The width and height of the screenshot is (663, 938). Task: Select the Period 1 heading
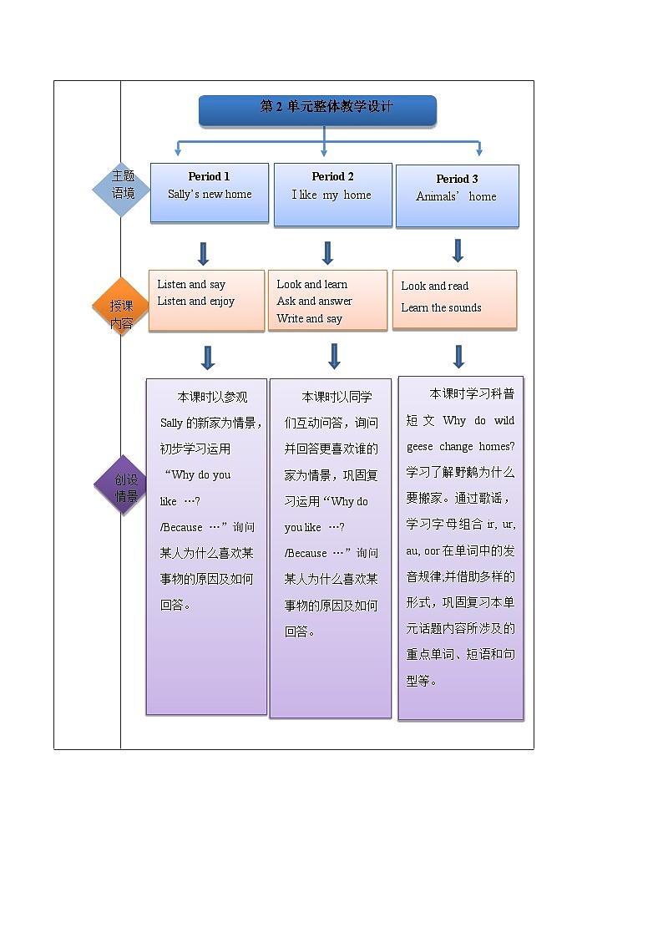209,176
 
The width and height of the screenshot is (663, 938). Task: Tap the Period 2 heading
332,176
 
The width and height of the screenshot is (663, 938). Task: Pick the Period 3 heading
457,179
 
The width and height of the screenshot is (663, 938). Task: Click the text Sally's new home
209,195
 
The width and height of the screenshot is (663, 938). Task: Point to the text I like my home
331,195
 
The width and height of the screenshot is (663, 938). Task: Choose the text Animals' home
456,197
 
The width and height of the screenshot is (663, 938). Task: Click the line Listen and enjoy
195,302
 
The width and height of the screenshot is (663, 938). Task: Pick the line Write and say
309,319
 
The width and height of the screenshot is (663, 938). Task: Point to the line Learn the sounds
441,308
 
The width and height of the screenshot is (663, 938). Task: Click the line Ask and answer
314,302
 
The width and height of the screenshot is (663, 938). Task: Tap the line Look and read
434,286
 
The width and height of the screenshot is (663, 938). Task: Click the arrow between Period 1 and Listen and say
203,254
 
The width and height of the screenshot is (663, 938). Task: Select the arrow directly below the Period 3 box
458,251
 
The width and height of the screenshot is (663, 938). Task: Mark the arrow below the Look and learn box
334,357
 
